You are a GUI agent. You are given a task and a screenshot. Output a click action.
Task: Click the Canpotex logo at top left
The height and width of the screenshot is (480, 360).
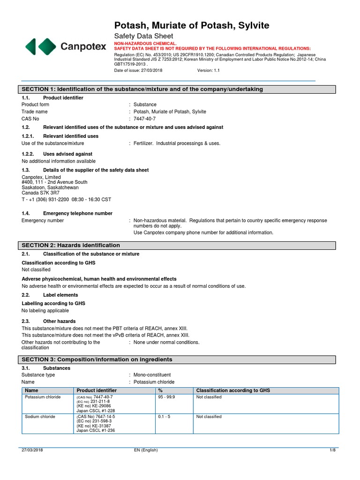[x=65, y=46]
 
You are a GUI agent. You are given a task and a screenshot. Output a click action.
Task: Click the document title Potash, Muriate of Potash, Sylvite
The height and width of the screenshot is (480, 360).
[x=192, y=25]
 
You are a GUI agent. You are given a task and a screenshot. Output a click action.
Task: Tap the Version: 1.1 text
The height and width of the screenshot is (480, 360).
[x=208, y=70]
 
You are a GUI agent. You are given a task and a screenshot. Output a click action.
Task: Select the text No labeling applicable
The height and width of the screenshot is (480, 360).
[x=45, y=311]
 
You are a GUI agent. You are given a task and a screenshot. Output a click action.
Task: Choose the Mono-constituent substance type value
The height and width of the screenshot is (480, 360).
[x=152, y=375]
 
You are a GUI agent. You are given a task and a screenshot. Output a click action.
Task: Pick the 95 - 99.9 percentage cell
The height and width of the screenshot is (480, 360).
[x=168, y=397]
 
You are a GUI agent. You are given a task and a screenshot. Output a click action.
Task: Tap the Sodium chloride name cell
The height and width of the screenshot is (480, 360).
[x=40, y=417]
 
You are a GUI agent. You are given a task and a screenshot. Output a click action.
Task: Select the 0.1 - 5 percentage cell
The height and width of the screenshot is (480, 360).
[x=165, y=417]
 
